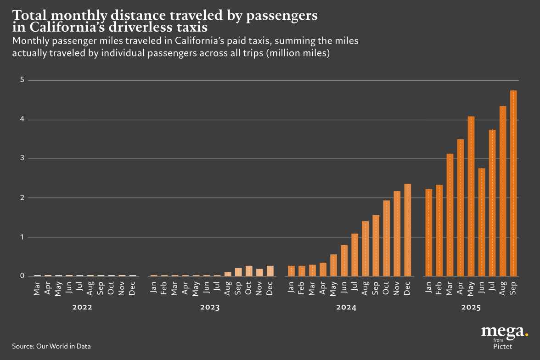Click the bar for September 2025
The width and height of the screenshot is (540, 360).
(513, 183)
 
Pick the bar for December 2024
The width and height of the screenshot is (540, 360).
(407, 230)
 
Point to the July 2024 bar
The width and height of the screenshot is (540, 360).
(354, 255)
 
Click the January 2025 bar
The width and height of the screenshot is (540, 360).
(428, 232)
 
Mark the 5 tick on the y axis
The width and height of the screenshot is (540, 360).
(22, 80)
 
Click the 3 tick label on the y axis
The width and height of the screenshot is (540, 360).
(22, 159)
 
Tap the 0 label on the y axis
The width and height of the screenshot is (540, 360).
(22, 276)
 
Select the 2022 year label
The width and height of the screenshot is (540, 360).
(82, 308)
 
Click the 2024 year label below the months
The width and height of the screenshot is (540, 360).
(347, 308)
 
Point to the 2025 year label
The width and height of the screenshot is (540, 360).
(471, 308)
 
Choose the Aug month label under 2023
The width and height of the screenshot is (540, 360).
(228, 287)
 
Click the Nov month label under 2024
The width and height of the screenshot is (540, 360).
(397, 287)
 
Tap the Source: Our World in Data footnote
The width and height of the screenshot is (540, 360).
(51, 346)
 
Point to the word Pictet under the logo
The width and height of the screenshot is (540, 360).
(503, 346)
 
